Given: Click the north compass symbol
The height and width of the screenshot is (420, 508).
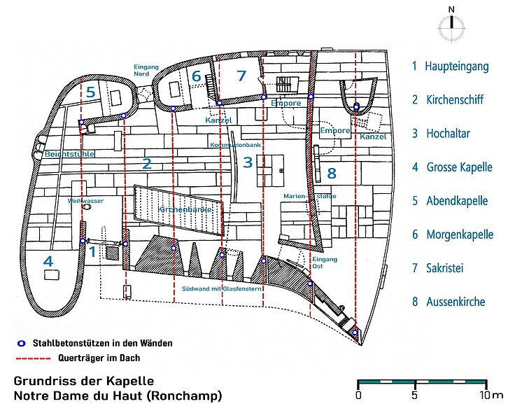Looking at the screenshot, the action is tap(451, 25).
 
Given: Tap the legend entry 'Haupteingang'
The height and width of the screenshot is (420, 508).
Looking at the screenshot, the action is tap(456, 66).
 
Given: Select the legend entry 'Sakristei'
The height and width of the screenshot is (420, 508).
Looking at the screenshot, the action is tap(444, 268).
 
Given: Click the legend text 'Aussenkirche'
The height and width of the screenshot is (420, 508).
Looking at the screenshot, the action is tap(456, 302).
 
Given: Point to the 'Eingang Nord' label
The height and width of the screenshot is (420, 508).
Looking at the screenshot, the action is tap(146, 70).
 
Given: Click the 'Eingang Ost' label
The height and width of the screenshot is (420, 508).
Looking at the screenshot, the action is tap(325, 262).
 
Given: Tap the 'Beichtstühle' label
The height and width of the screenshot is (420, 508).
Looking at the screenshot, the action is tap(69, 154).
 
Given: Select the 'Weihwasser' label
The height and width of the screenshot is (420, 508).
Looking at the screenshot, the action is tap(85, 201).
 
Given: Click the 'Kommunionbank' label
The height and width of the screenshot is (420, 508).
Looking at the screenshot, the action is tap(235, 145).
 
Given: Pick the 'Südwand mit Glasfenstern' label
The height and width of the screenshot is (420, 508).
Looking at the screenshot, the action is tap(222, 288).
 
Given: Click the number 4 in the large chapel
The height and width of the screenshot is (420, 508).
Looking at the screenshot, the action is tap(48, 261).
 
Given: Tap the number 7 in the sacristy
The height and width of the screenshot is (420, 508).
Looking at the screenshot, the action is tap(241, 76).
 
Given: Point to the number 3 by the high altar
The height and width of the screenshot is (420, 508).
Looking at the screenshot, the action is tap(248, 162).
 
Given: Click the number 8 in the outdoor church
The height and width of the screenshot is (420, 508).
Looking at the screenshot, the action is tap(332, 174).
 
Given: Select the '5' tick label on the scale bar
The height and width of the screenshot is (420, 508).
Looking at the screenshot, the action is tap(414, 395).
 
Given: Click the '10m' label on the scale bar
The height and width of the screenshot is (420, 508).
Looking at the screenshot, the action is tap(491, 395).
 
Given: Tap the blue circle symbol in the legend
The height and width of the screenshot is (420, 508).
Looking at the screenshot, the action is tap(22, 343).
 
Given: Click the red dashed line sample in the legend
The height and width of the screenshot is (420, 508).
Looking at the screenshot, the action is tap(34, 358).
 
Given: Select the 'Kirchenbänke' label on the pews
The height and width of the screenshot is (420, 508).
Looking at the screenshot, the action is tap(184, 210).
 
